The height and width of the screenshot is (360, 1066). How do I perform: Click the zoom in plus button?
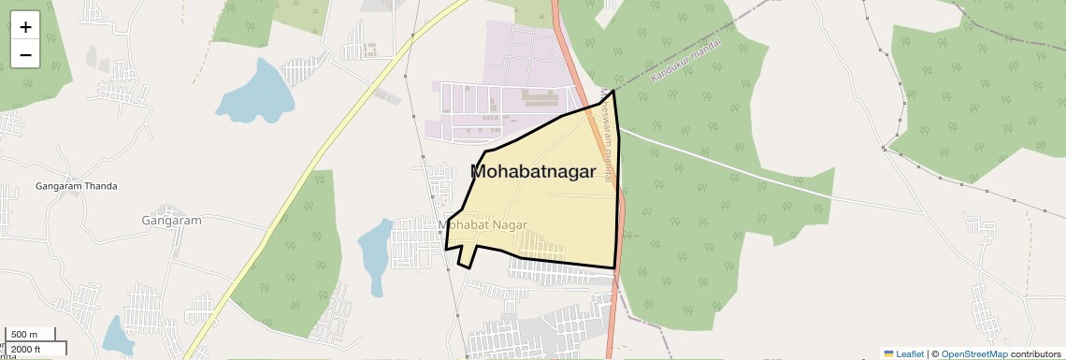tap(25, 27)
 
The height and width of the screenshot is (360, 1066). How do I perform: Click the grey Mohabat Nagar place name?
tap(483, 225)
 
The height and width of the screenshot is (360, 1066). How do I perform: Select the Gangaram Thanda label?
tap(77, 186)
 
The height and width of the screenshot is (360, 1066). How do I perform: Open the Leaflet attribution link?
tap(909, 353)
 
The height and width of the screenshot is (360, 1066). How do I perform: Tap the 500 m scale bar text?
tap(25, 335)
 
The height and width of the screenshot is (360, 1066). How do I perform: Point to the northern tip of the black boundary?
tap(613, 91)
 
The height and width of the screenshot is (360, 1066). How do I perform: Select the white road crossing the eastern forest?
tap(729, 165)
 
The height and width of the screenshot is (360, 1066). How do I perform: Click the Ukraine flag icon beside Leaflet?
tap(888, 353)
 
